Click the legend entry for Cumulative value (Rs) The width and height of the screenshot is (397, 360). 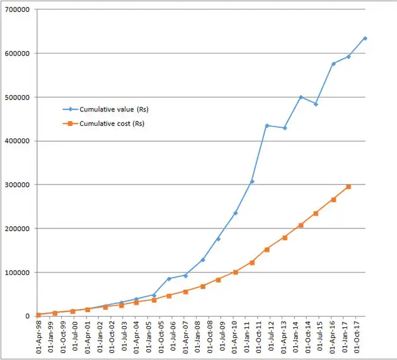tap(113, 110)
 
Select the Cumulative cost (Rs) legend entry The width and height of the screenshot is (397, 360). tap(112, 124)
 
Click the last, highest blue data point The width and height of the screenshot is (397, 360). tap(365, 38)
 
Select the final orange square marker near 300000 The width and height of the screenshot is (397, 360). tap(348, 187)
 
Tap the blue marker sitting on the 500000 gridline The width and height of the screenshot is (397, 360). tap(301, 97)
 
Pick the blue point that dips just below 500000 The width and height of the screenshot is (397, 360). tap(316, 104)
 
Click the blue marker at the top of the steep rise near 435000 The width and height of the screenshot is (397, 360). tap(267, 126)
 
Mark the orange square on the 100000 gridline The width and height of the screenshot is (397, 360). tap(235, 273)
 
